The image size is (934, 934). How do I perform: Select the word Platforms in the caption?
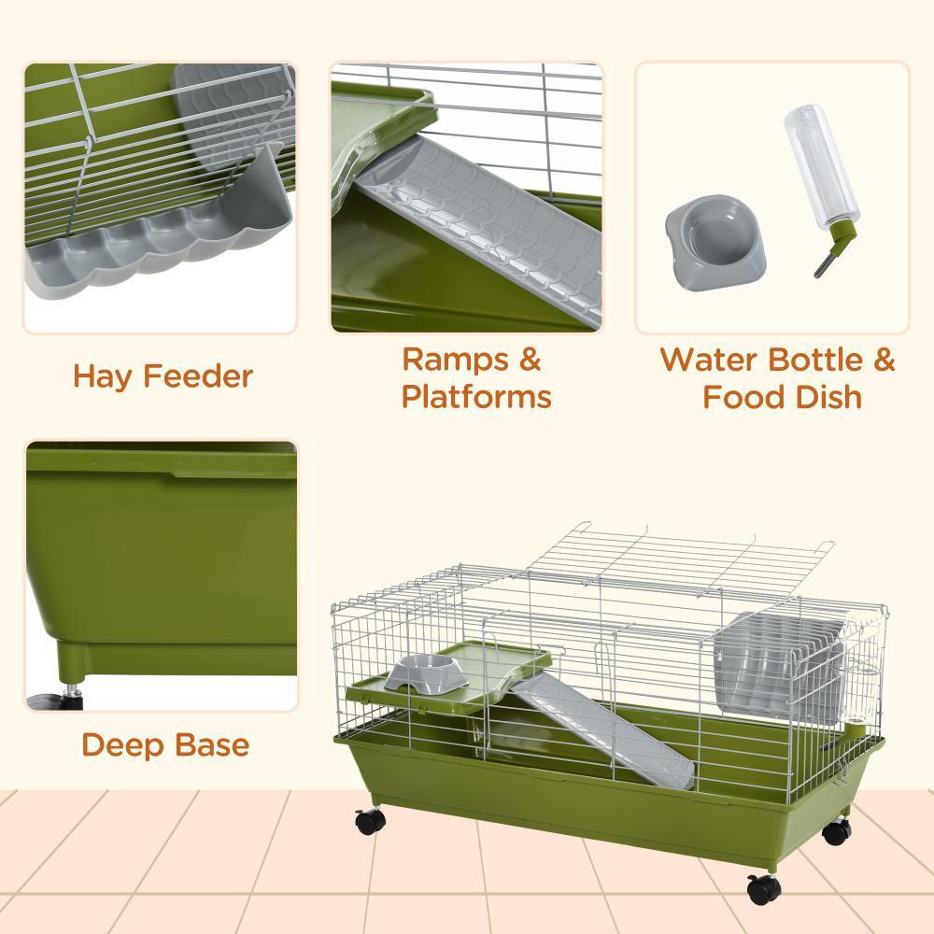click(476, 396)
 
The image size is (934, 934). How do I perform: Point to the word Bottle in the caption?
click(814, 360)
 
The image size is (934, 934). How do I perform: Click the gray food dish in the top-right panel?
click(715, 242)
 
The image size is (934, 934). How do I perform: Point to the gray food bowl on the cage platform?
click(426, 673)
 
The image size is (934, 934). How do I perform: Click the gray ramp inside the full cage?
click(601, 730)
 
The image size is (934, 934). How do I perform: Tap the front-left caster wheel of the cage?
click(371, 821)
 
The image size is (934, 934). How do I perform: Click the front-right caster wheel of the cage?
click(763, 890)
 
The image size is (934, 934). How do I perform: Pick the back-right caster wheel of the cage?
click(836, 831)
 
